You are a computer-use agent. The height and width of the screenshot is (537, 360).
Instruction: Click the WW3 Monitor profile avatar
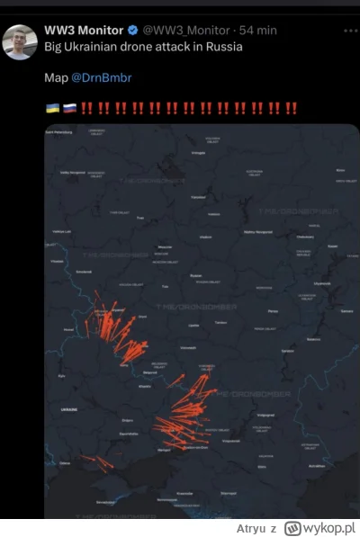coord(20,42)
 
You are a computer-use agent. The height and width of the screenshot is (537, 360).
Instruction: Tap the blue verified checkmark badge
coord(132,31)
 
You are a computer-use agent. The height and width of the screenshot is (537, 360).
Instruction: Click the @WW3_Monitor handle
coord(184,31)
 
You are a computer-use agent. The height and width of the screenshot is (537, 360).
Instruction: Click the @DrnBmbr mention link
coord(101,78)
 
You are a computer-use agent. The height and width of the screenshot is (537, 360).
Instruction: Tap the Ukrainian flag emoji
coord(52,109)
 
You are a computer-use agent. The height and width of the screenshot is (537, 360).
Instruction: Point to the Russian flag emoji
coord(68,109)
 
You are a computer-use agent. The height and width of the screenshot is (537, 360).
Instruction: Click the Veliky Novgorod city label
coord(71,171)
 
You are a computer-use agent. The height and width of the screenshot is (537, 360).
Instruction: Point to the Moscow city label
coord(164,246)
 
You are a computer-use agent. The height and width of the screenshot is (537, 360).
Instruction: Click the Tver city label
coord(139,217)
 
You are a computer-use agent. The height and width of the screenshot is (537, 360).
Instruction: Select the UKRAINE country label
coord(68,408)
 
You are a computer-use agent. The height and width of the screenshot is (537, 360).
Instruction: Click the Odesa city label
coord(65,462)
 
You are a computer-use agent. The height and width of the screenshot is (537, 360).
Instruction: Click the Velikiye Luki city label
coord(61,230)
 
